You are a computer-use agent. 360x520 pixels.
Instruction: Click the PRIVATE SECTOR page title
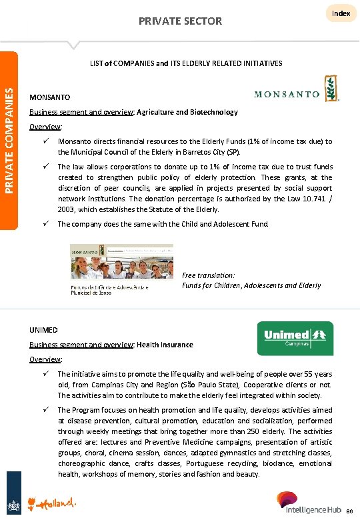(x=180, y=21)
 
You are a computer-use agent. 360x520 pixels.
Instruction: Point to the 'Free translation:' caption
(x=207, y=275)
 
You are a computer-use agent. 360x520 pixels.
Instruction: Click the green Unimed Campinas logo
(x=295, y=338)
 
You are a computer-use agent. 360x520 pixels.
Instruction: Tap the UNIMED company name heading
(x=44, y=330)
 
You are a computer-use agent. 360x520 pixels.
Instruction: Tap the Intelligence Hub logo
(x=313, y=503)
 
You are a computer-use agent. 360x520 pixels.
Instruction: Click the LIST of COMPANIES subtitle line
(x=186, y=63)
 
